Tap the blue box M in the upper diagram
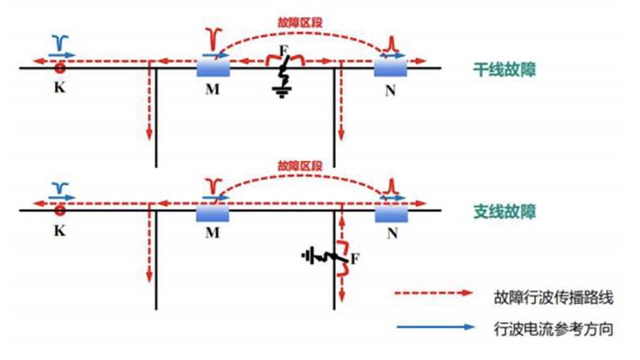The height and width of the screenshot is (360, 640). point(213,67)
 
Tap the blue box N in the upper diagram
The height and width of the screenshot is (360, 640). point(390,67)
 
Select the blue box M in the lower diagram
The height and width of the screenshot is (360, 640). point(213,212)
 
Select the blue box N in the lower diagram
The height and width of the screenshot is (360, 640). point(390,212)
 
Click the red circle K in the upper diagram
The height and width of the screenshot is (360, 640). point(60,67)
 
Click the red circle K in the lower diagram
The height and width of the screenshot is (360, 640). point(60,210)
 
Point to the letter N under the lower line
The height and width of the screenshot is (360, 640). point(390,233)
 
